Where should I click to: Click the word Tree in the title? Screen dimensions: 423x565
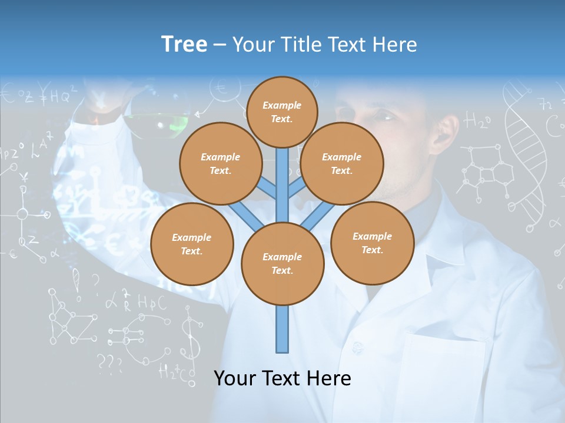(184, 45)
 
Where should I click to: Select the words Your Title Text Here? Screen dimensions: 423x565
(324, 45)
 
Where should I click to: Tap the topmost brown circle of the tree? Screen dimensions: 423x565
(282, 112)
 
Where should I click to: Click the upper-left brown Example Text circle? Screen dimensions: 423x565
(220, 163)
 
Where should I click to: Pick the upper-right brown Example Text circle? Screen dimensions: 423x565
(341, 163)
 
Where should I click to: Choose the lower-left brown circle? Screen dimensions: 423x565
(192, 244)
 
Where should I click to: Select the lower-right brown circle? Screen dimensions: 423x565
(372, 243)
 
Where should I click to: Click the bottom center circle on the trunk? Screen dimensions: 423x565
(282, 263)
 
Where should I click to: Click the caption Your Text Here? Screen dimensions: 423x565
(282, 378)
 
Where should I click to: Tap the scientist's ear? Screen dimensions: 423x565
(446, 132)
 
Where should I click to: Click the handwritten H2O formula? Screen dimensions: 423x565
(477, 122)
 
